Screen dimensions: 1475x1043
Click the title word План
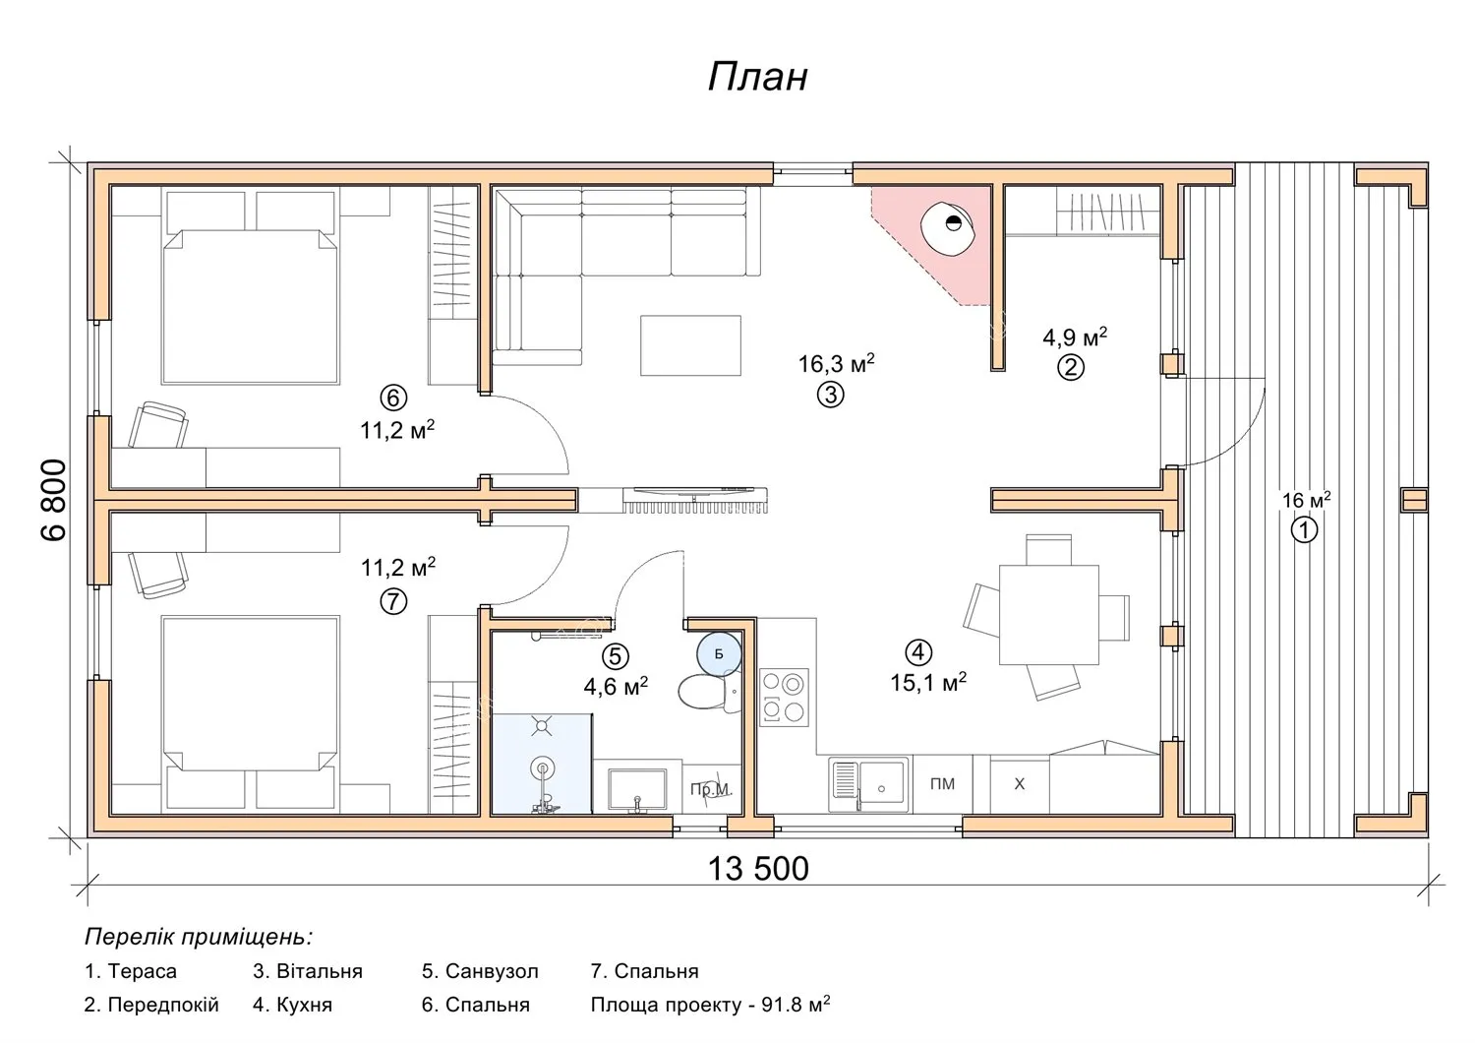757,77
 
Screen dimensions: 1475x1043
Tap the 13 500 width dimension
758,869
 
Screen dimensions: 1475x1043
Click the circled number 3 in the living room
830,395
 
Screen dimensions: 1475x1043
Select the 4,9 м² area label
1075,337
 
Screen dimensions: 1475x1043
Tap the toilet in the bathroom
709,693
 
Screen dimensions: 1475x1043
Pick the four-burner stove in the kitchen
784,698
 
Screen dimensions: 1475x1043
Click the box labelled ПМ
942,784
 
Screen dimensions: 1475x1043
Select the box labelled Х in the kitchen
1020,784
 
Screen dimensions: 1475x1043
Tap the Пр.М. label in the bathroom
711,789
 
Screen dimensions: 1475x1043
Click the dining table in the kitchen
1048,614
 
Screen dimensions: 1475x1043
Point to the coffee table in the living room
690,345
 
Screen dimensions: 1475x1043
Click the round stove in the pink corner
948,226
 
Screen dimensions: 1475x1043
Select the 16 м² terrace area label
1306,500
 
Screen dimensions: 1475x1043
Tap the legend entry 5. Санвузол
480,971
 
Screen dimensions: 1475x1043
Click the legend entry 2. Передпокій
151,1005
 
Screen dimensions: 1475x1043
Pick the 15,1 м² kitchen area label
928,682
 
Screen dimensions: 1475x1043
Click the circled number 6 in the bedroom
393,398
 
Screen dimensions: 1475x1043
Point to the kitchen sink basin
881,783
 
